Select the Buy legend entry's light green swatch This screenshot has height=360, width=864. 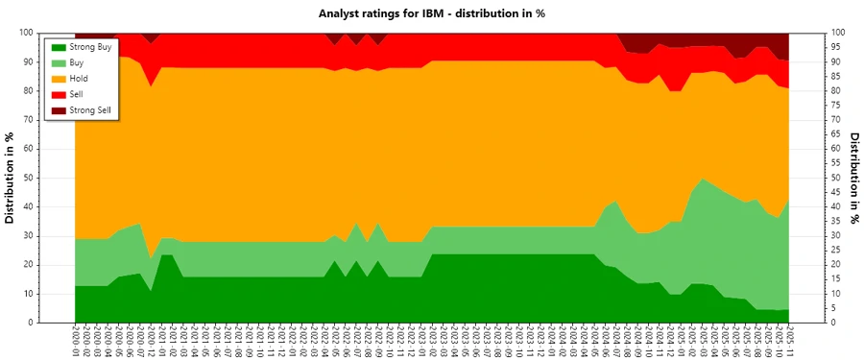point(59,62)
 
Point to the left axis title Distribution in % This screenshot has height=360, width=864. point(11,178)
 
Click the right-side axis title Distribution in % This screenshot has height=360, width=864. point(853,178)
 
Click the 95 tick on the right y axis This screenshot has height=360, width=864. point(837,47)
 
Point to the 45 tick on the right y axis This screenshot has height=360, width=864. point(837,192)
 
